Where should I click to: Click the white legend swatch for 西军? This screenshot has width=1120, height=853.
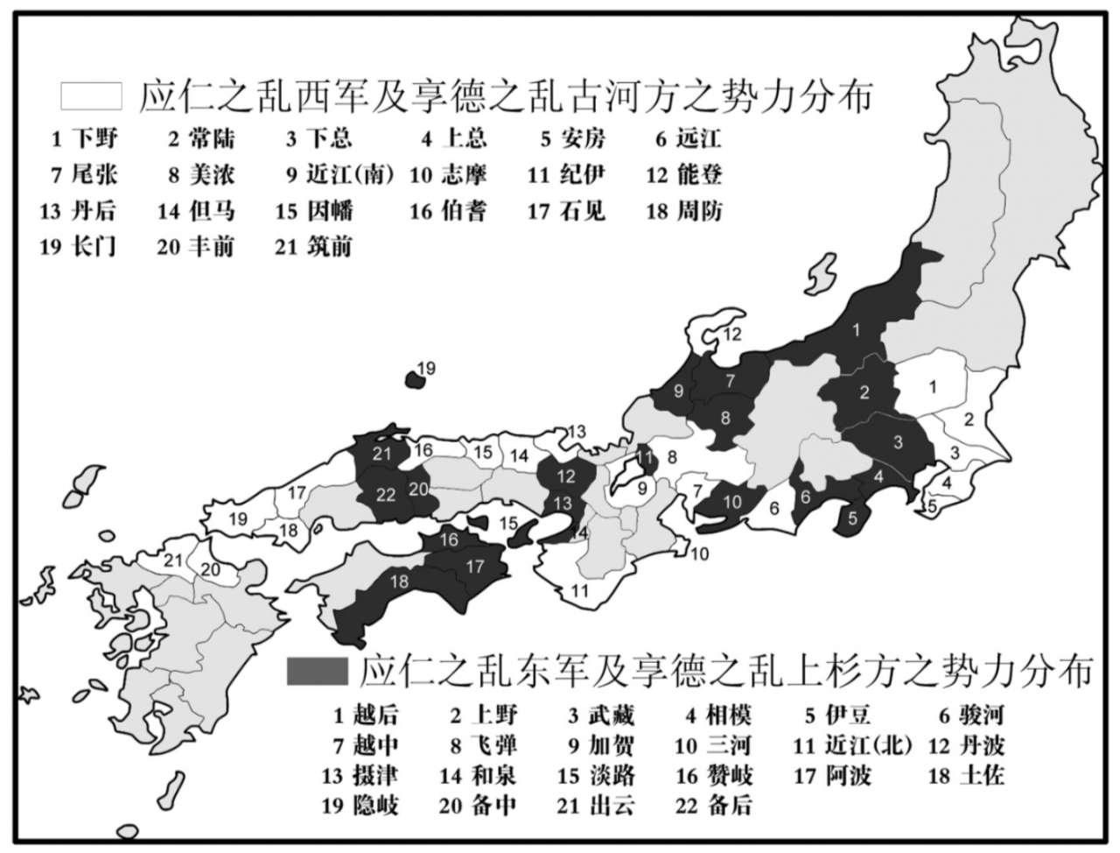84,95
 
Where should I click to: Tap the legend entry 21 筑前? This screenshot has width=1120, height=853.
313,246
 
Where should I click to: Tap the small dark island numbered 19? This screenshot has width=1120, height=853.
413,379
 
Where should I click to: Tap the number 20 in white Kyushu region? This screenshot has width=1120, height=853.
210,569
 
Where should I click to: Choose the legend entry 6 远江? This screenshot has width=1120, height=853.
688,138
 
